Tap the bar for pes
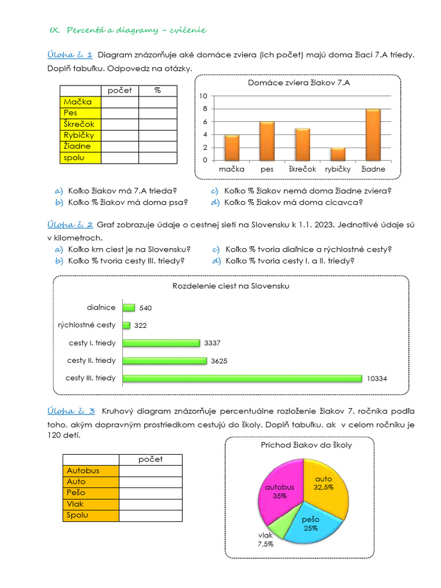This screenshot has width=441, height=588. (x=267, y=142)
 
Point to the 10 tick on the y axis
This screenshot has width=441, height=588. (x=203, y=96)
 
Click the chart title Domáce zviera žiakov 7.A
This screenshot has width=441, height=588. (x=299, y=83)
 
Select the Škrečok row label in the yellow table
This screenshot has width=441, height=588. (x=80, y=124)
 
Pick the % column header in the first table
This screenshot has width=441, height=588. (x=158, y=91)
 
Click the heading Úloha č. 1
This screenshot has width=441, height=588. (x=69, y=55)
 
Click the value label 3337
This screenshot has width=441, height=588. (x=212, y=343)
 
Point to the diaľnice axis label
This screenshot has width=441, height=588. (x=101, y=308)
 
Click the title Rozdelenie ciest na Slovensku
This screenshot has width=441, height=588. (x=231, y=285)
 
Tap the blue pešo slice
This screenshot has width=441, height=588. (x=313, y=525)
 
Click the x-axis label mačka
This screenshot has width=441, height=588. (x=231, y=169)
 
